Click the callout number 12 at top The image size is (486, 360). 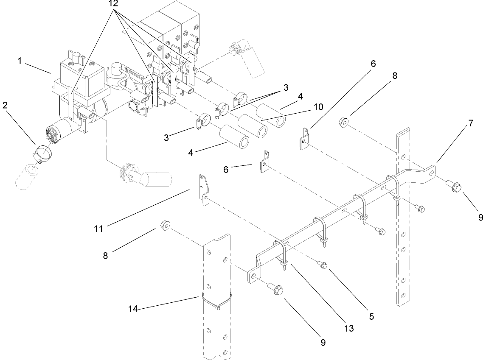click(x=113, y=4)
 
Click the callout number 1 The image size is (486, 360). click(x=20, y=61)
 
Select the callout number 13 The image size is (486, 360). click(x=349, y=328)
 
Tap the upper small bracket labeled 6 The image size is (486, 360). click(x=304, y=139)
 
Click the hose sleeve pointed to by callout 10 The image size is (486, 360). click(x=253, y=125)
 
